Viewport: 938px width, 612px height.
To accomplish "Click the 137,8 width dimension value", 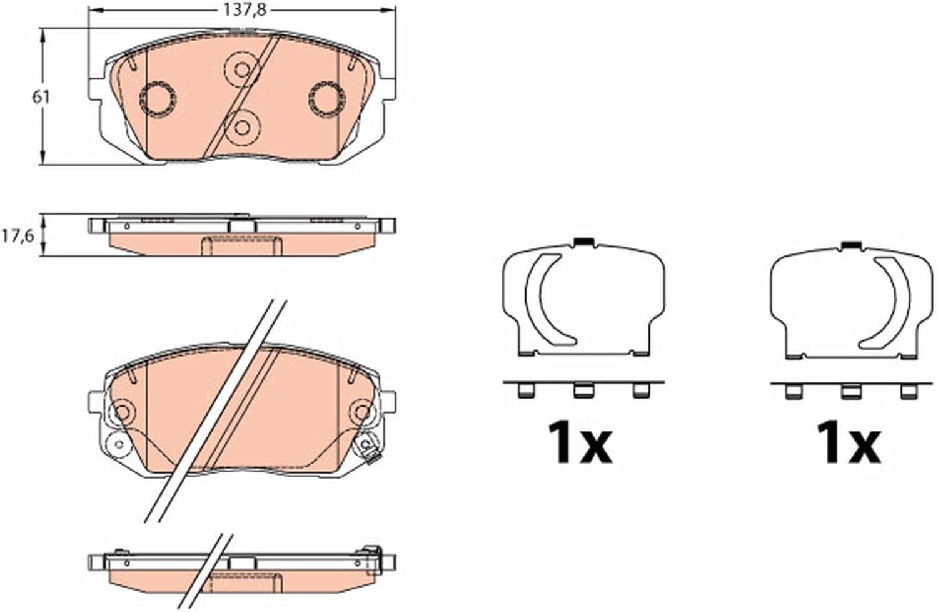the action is coord(245,10).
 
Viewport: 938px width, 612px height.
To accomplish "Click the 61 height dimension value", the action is coord(41,97).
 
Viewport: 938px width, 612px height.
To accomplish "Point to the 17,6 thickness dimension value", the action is coord(17,237).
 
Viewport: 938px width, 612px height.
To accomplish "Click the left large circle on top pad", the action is coord(158,99).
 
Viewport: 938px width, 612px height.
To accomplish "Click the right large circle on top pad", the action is coord(327,99).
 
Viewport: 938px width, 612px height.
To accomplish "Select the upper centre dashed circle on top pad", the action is coord(242,69).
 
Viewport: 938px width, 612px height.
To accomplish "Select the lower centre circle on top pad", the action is coord(242,128).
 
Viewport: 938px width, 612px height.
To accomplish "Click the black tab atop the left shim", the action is coord(583,242).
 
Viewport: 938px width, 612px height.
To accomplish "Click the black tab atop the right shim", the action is coord(852,245).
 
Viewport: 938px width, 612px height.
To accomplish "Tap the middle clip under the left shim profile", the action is coord(583,390).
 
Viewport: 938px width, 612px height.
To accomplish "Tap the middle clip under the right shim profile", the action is coord(852,391).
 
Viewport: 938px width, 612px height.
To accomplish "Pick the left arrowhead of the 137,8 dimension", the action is coord(95,9).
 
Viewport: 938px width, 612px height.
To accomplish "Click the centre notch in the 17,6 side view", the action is coord(242,227).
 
